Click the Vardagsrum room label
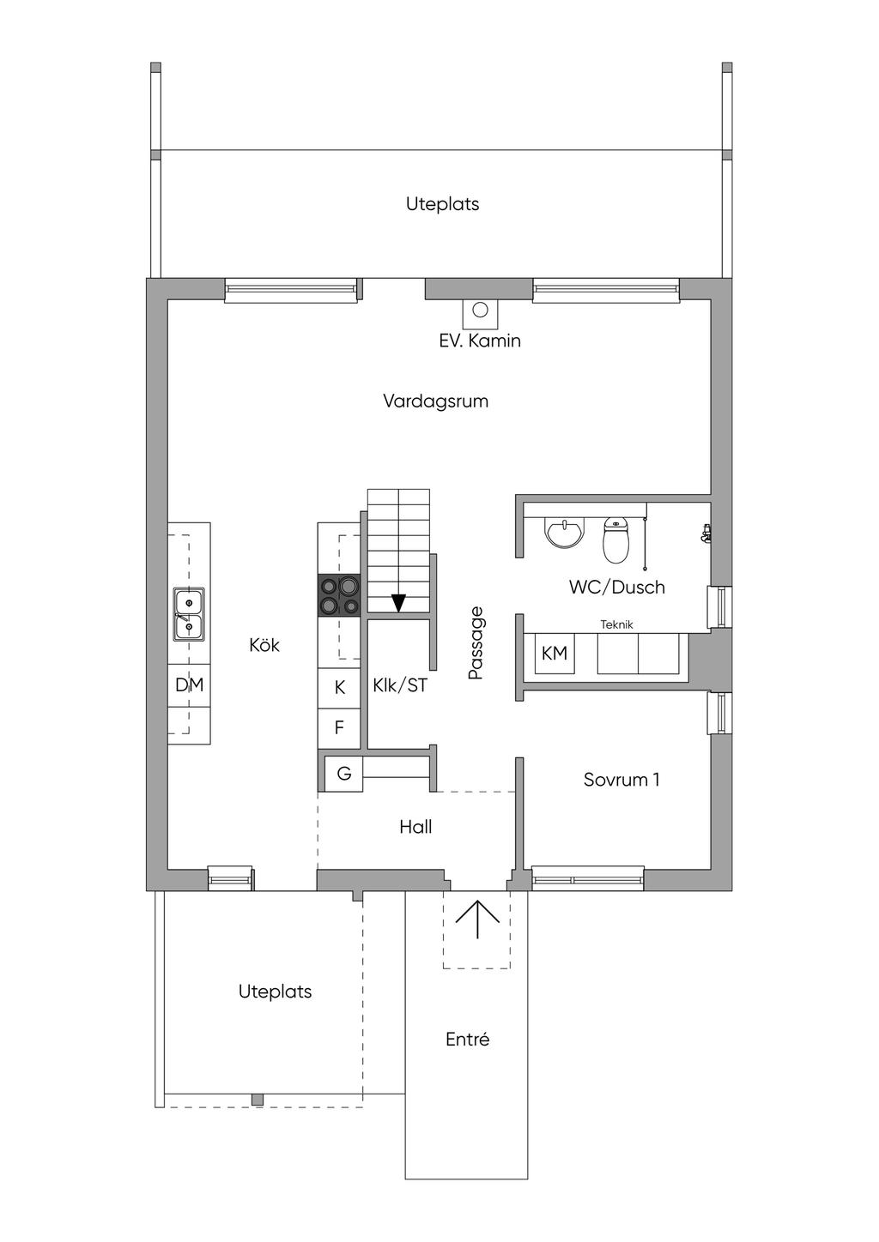click(x=435, y=401)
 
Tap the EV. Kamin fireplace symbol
click(x=480, y=312)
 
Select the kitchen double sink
click(x=189, y=614)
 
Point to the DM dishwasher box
click(x=189, y=684)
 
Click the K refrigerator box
click(x=339, y=688)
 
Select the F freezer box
click(x=339, y=728)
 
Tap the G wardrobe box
click(x=343, y=774)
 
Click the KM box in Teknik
click(x=555, y=654)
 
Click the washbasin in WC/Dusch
click(x=565, y=533)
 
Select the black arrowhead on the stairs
click(x=398, y=603)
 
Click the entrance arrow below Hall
click(x=477, y=922)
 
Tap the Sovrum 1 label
click(x=621, y=780)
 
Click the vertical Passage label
click(x=476, y=643)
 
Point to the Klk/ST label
click(x=400, y=686)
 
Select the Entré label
click(x=467, y=1040)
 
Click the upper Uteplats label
click(x=442, y=204)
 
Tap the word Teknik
click(x=616, y=624)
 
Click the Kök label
click(x=264, y=645)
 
